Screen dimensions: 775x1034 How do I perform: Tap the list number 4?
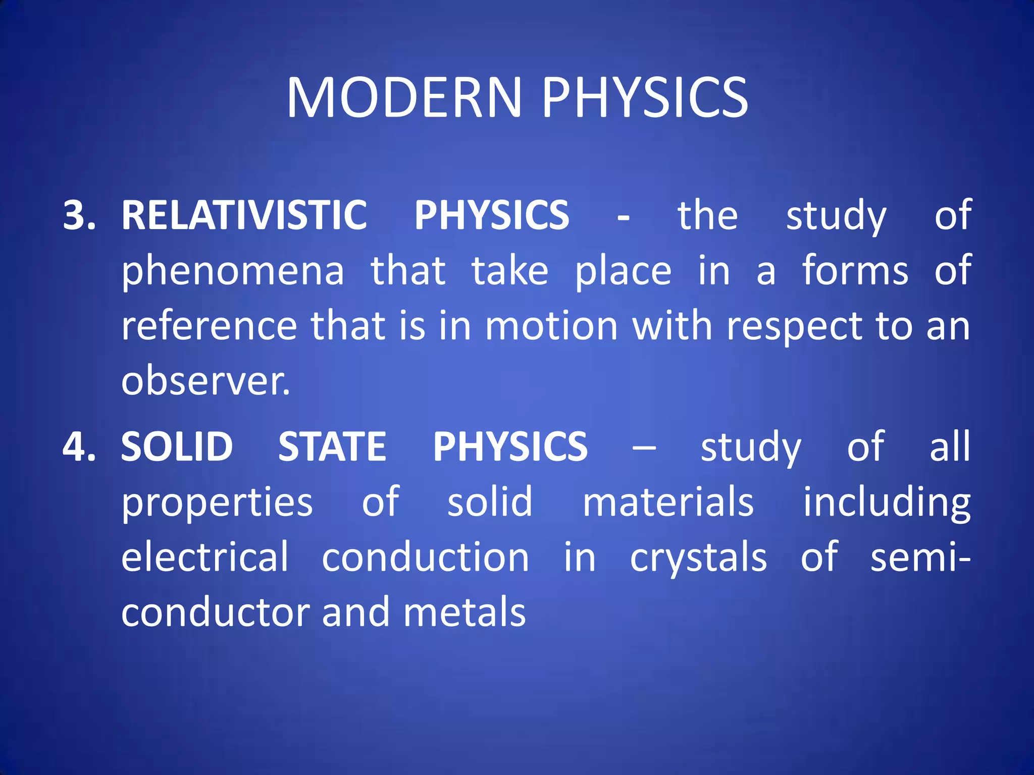pos(79,447)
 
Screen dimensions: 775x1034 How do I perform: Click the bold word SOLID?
pos(177,447)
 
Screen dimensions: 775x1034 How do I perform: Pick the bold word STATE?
pos(332,447)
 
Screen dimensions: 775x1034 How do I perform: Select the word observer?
pos(205,381)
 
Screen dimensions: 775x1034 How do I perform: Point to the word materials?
pos(668,502)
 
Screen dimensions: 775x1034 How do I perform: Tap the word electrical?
pos(204,557)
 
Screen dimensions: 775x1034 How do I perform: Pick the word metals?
pos(464,613)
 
